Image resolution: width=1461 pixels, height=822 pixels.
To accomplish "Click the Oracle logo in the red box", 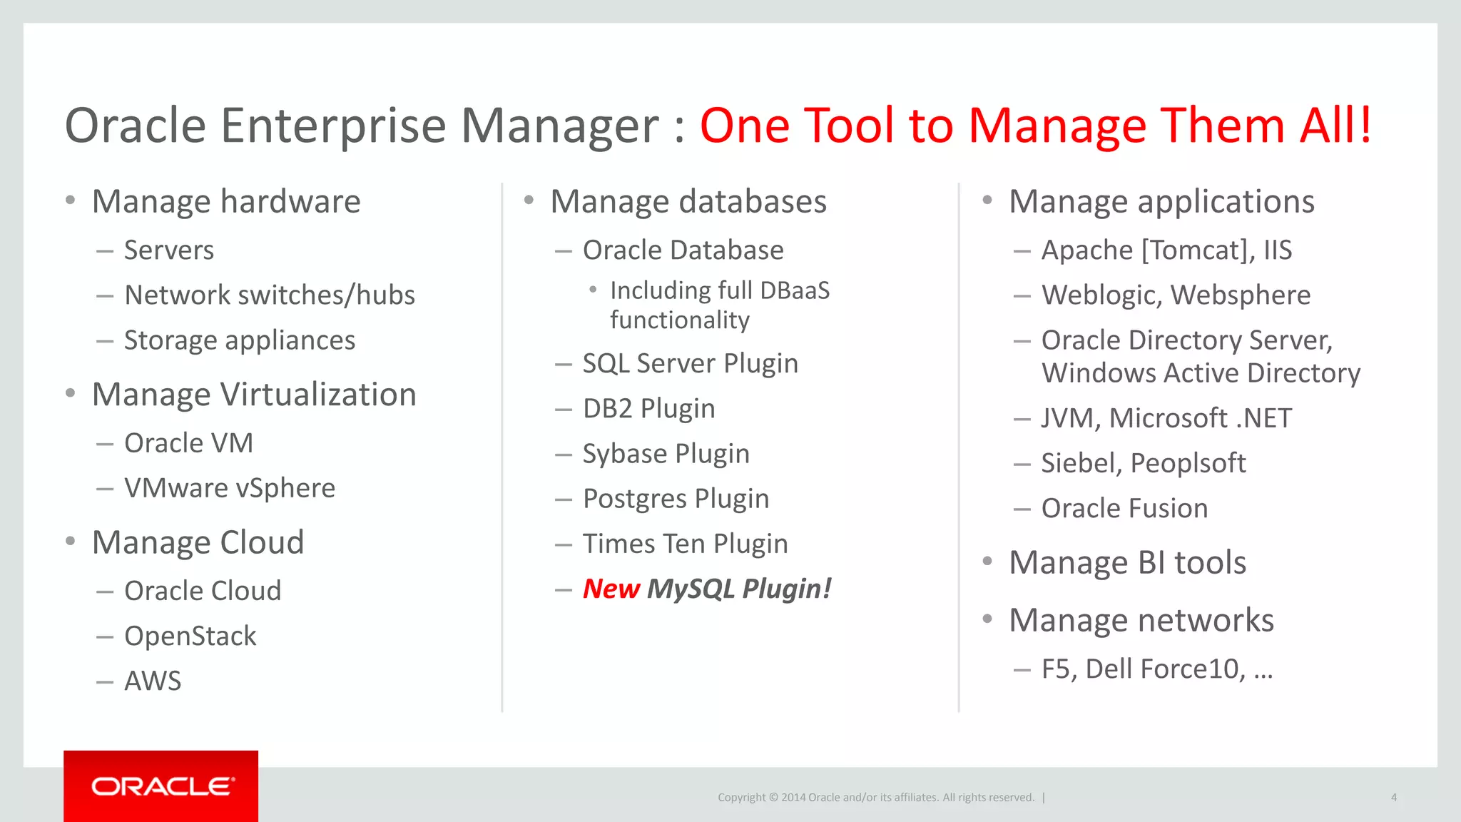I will click(x=161, y=786).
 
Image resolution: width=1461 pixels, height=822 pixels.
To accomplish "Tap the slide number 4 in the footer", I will click(x=1393, y=798).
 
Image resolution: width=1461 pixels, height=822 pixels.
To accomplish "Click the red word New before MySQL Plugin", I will click(x=611, y=589).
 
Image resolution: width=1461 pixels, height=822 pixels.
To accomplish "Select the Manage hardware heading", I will click(x=226, y=201).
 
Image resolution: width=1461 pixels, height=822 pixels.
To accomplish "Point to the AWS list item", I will click(x=153, y=681).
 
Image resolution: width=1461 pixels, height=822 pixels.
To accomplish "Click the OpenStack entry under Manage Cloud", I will click(x=190, y=636).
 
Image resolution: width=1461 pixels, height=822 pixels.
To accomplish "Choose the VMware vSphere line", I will click(x=229, y=488).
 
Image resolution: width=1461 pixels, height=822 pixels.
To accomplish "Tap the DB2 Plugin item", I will click(x=648, y=408).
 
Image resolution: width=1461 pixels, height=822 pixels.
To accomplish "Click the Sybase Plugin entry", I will click(x=666, y=454).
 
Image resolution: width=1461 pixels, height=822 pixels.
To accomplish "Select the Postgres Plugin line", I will click(x=676, y=499).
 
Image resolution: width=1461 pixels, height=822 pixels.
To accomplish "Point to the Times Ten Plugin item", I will click(x=685, y=544).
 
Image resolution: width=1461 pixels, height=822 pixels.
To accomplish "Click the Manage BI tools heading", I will click(x=1127, y=562).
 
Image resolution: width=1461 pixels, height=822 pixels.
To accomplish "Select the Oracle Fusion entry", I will click(x=1124, y=509).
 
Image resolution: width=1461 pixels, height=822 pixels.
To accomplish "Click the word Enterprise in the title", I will click(x=333, y=126).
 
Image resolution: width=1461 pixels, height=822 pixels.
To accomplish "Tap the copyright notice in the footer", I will click(x=875, y=798).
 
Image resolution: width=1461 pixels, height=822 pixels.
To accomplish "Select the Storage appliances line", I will click(x=239, y=340).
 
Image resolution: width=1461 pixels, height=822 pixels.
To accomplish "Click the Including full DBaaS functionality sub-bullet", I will click(x=719, y=305).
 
